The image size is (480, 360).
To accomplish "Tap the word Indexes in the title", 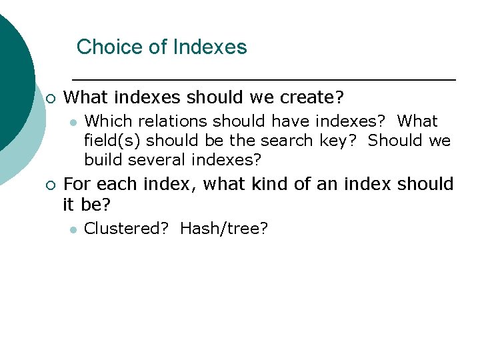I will [210, 47].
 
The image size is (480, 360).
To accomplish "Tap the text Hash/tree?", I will [224, 229].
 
